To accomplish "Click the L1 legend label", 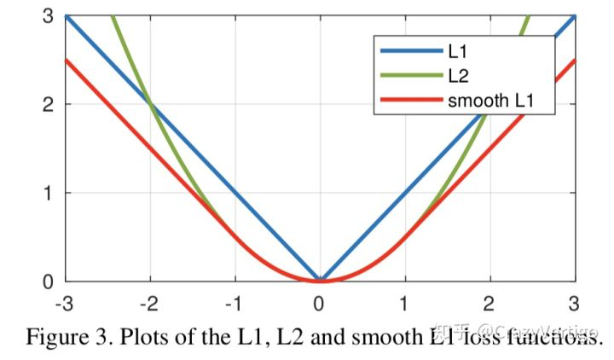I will (x=457, y=51).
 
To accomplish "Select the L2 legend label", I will (x=457, y=76).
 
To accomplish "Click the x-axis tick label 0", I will (x=320, y=302).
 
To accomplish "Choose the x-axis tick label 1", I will (x=404, y=302).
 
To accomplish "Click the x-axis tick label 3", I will (x=574, y=302).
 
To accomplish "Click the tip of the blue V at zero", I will (x=320, y=279).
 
